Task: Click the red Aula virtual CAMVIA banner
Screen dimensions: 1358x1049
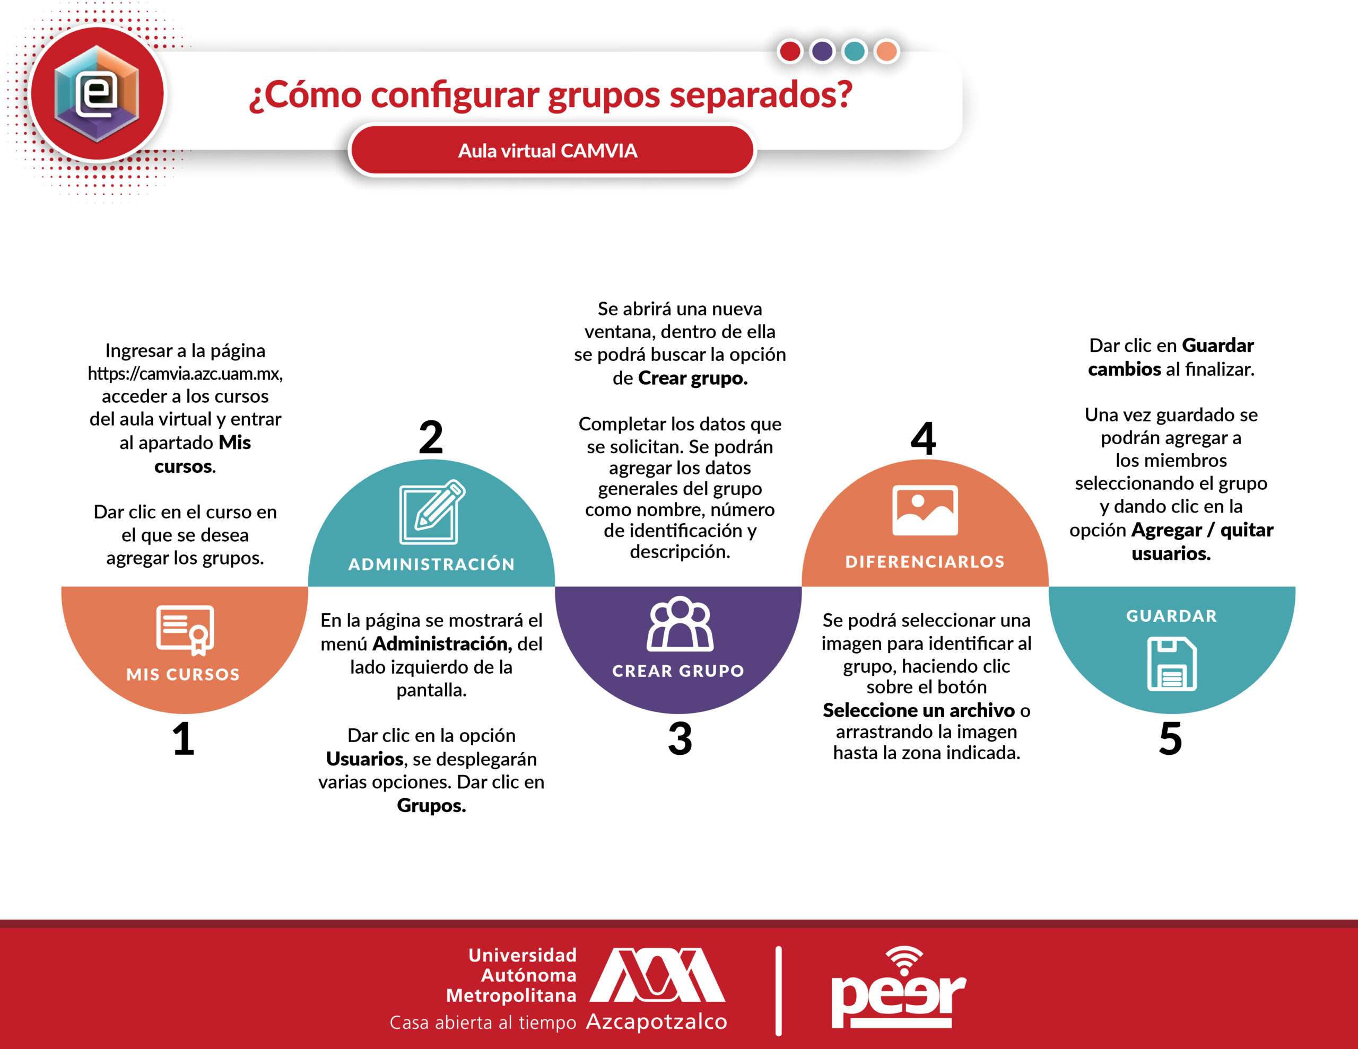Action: pos(552,150)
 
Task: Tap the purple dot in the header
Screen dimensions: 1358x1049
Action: pos(822,51)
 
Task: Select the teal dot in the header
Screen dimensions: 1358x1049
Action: pos(855,51)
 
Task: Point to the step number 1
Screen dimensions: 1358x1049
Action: pos(183,739)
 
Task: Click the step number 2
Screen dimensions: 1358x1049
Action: pos(431,437)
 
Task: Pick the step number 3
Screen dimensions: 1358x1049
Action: pos(680,739)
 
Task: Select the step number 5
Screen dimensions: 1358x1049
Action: pos(1170,739)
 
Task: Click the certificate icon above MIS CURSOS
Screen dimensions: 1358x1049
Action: pos(185,630)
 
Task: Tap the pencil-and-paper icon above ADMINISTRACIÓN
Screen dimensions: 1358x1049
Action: pos(431,512)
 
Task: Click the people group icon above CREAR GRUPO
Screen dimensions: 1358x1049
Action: pos(680,624)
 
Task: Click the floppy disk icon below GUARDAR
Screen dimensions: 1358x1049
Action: pos(1171,664)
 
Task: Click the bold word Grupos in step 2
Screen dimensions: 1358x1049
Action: pos(431,805)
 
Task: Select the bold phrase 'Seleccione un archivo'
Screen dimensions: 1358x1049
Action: pos(918,710)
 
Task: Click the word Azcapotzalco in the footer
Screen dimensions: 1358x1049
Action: pos(657,1021)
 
